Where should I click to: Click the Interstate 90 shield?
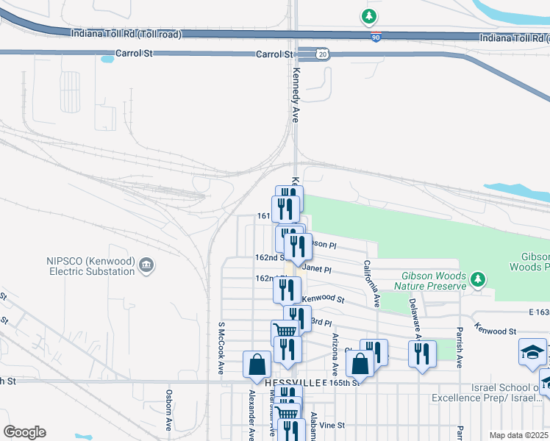tap(376, 37)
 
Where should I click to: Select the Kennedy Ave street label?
tap(296, 96)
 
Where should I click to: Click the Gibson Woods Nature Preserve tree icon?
tap(479, 279)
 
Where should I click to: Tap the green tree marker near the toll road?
tap(369, 15)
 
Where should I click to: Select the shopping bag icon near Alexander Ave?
tap(257, 363)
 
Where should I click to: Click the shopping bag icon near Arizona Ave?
tap(360, 363)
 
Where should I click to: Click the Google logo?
tap(24, 432)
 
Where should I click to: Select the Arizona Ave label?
tap(335, 352)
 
